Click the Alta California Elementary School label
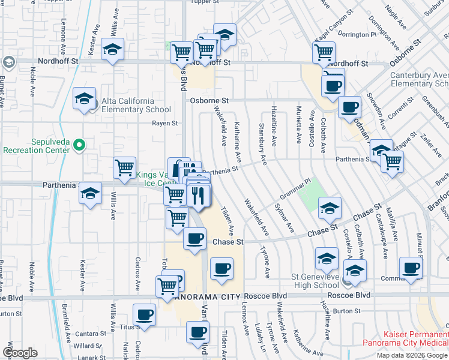tap(128, 105)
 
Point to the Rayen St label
tap(165, 123)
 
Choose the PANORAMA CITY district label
tap(206, 296)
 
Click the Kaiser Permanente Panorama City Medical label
tap(405, 338)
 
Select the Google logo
tap(20, 353)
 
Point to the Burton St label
tap(347, 311)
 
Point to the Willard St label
tap(88, 346)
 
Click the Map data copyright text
tap(411, 355)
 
